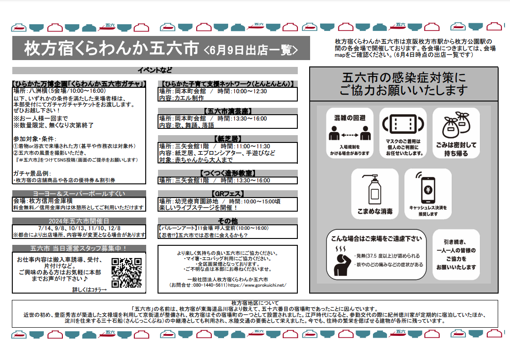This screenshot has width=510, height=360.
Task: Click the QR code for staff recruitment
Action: [127, 273]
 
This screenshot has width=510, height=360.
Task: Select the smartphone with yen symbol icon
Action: [427, 188]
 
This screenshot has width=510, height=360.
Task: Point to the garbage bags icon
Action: [456, 125]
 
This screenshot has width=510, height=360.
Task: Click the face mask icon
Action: [403, 124]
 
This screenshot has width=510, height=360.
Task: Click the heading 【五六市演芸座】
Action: [228, 111]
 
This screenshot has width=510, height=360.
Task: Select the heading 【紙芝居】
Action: [228, 139]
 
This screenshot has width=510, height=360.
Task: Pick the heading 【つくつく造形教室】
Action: [228, 173]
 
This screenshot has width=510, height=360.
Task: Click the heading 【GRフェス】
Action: [228, 194]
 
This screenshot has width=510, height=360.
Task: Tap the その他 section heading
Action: [228, 221]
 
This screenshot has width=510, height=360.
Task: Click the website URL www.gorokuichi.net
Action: [257, 285]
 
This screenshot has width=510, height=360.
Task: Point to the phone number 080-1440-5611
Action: [210, 285]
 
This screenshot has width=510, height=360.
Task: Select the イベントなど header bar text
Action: [155, 70]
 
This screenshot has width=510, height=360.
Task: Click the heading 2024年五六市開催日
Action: [79, 221]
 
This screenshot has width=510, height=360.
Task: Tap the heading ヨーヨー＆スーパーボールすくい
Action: [79, 194]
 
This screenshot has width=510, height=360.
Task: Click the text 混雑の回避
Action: [350, 118]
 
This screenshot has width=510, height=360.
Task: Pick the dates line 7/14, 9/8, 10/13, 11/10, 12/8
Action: [79, 228]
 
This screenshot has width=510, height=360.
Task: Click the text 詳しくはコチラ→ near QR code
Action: [89, 290]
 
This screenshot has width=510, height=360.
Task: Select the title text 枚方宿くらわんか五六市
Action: [111, 48]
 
